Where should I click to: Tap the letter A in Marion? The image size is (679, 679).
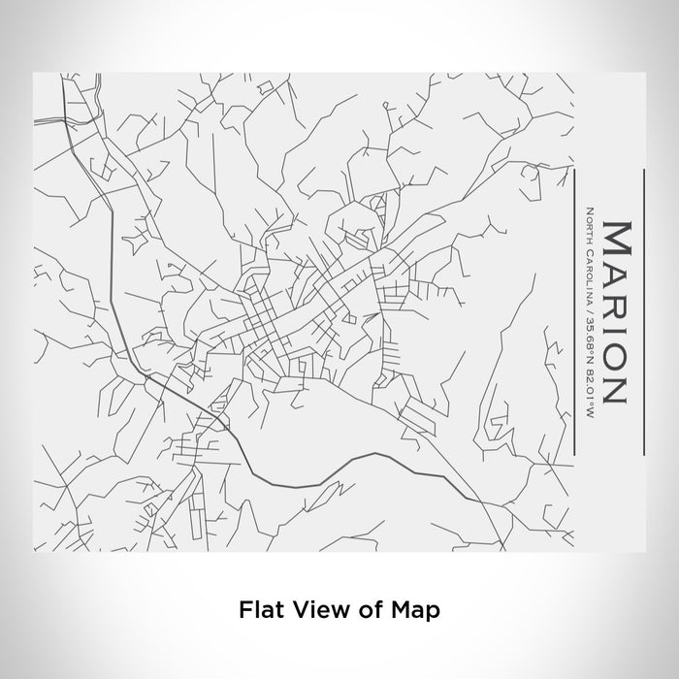[x=617, y=277]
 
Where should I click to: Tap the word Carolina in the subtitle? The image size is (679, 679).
[x=589, y=271]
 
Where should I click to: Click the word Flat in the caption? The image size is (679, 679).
[x=258, y=610]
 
